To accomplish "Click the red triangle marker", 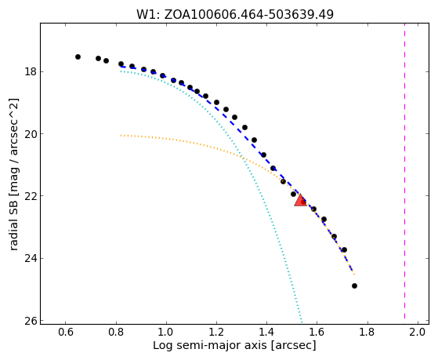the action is (x=301, y=200).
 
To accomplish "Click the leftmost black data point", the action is (x=78, y=56).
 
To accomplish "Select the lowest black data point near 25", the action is (x=354, y=285).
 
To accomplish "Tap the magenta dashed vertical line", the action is (x=405, y=173).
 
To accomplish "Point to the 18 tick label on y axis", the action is (x=31, y=72).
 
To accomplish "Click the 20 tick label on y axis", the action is (x=31, y=134).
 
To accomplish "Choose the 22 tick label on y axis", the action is (x=31, y=196).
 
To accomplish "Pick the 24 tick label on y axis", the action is (x=31, y=259).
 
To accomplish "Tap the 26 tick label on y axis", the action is (x=31, y=321).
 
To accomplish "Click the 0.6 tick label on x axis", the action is (x=65, y=333).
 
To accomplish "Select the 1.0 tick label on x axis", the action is (x=166, y=333).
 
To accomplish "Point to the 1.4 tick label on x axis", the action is (x=266, y=333).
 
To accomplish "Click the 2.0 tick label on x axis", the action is (x=418, y=333).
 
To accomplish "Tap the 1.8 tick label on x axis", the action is (x=367, y=333).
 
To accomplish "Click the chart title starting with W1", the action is (x=235, y=15).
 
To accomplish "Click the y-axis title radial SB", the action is (x=14, y=175).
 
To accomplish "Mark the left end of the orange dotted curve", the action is (x=121, y=136).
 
